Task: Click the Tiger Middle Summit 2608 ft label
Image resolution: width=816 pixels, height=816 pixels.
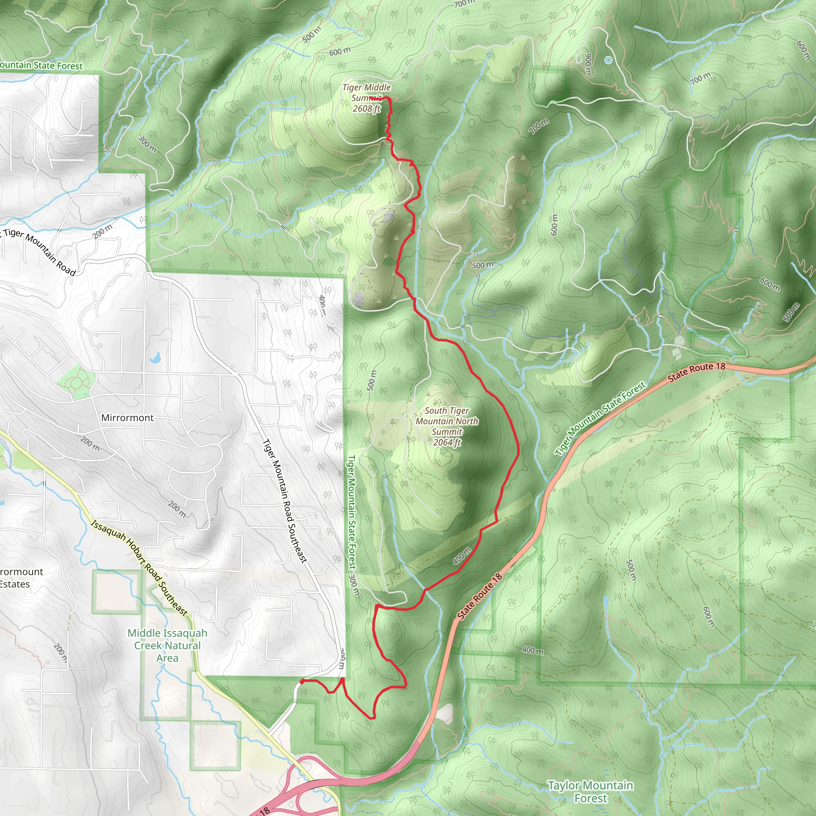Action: pos(366,98)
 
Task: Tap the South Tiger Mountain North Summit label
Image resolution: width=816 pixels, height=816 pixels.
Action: pos(447,426)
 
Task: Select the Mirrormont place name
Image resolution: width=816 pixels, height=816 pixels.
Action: pos(127,418)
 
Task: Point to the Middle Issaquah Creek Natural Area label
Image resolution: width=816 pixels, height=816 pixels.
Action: pos(167,645)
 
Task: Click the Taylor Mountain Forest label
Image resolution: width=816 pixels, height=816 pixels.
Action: pos(590,792)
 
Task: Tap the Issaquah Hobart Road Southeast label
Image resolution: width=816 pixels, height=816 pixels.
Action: pos(139,569)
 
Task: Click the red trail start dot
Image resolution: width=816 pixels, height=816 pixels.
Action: pos(302,682)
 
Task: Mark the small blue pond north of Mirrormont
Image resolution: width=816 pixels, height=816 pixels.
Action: pos(155,358)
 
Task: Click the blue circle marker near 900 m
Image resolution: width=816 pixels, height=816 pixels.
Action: pos(608,61)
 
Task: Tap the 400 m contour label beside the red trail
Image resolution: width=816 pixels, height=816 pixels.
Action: pos(462,556)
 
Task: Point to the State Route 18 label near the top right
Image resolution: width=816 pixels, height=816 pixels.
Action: pos(696,372)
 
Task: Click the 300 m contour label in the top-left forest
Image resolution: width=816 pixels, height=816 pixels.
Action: pos(147,143)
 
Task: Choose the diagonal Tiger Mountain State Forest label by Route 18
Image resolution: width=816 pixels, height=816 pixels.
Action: pos(600,418)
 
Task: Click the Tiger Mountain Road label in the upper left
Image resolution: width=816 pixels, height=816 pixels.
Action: pos(40,252)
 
